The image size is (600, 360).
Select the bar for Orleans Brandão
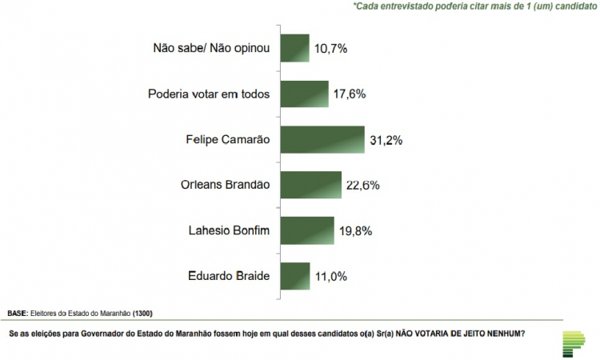310,185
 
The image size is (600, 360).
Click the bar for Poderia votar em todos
303,94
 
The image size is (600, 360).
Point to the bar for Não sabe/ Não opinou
294,49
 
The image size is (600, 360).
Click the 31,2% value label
385,140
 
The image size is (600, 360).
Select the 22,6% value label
362,186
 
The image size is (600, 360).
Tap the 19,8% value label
354,231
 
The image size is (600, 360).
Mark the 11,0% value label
331,277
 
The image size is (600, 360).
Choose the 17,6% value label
349,94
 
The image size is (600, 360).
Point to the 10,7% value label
331,49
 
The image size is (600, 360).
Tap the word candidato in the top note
573,6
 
